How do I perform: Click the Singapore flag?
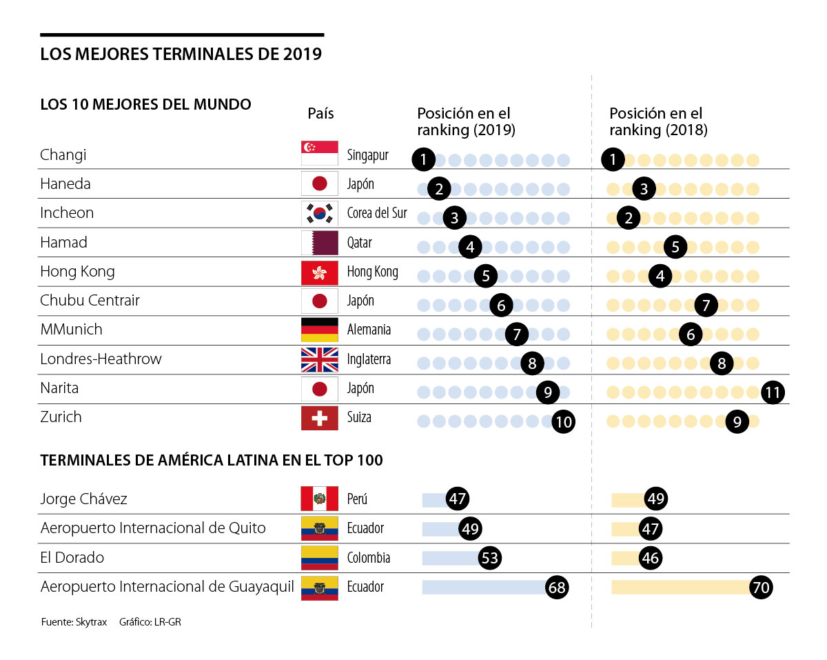tap(320, 154)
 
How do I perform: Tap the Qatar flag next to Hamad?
tap(320, 243)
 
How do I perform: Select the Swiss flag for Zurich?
tap(320, 418)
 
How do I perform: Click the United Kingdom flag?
tap(320, 359)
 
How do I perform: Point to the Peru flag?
tap(320, 499)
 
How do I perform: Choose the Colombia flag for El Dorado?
tap(320, 557)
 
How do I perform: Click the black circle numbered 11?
tap(773, 393)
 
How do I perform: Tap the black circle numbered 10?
tap(564, 421)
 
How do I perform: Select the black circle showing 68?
tap(557, 588)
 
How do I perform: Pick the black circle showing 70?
tap(762, 588)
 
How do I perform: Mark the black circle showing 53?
tap(490, 558)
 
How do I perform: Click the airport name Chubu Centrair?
tap(90, 301)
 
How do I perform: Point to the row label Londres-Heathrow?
tap(101, 359)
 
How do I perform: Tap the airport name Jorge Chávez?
tap(83, 499)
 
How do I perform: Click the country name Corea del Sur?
tap(377, 213)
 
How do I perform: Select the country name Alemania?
tap(369, 330)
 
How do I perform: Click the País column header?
tap(320, 113)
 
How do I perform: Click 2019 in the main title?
tap(301, 54)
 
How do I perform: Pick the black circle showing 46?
tap(650, 558)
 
